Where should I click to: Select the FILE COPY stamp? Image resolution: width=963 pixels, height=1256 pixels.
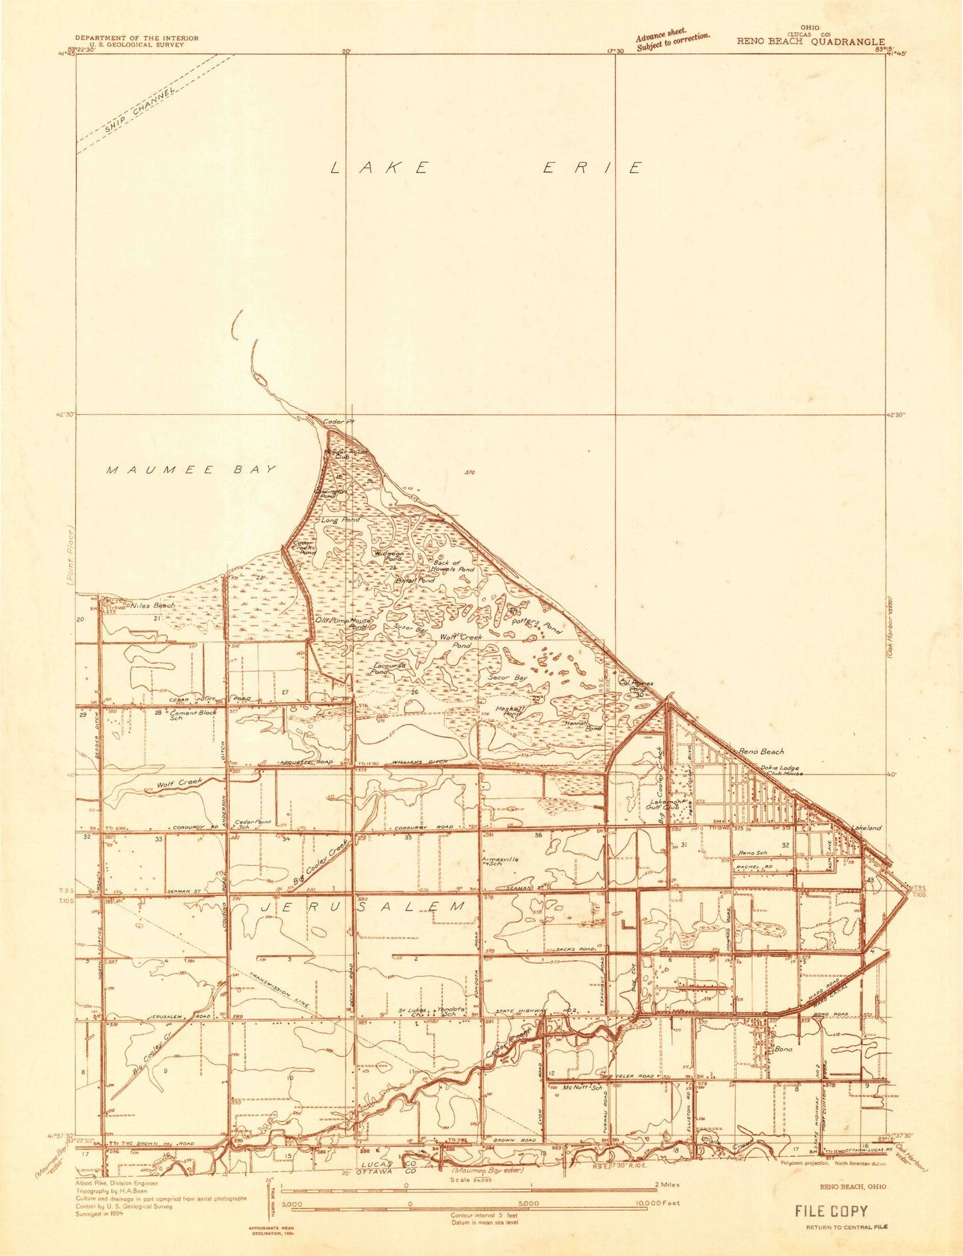(831, 1211)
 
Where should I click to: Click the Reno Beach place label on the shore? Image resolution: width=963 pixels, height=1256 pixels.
(761, 751)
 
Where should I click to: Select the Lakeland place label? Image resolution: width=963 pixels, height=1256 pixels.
(866, 827)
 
